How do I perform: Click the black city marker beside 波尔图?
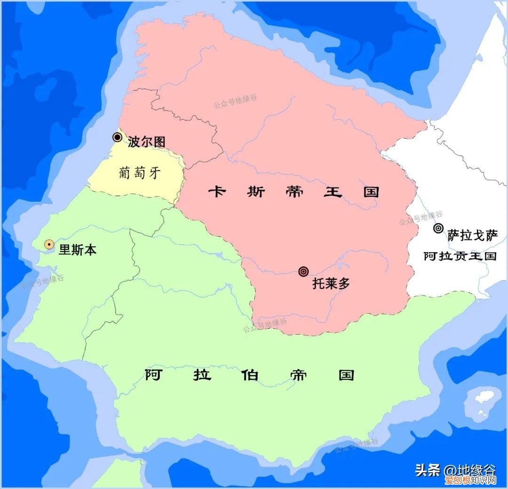[117, 137]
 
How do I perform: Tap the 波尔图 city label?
[146, 142]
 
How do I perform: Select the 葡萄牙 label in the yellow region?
[140, 173]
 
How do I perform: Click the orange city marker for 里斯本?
[49, 244]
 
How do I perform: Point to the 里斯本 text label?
[78, 250]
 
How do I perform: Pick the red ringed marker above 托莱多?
[304, 271]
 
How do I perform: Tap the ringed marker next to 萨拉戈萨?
[438, 229]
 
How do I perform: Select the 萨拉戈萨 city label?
[472, 235]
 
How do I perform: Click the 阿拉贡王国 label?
[460, 256]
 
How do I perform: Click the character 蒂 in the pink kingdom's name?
[294, 192]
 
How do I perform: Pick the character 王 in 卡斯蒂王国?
[333, 192]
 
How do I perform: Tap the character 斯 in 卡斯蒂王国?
[256, 192]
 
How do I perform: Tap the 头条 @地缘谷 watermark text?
[455, 470]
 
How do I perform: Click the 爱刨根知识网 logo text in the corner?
[472, 481]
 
